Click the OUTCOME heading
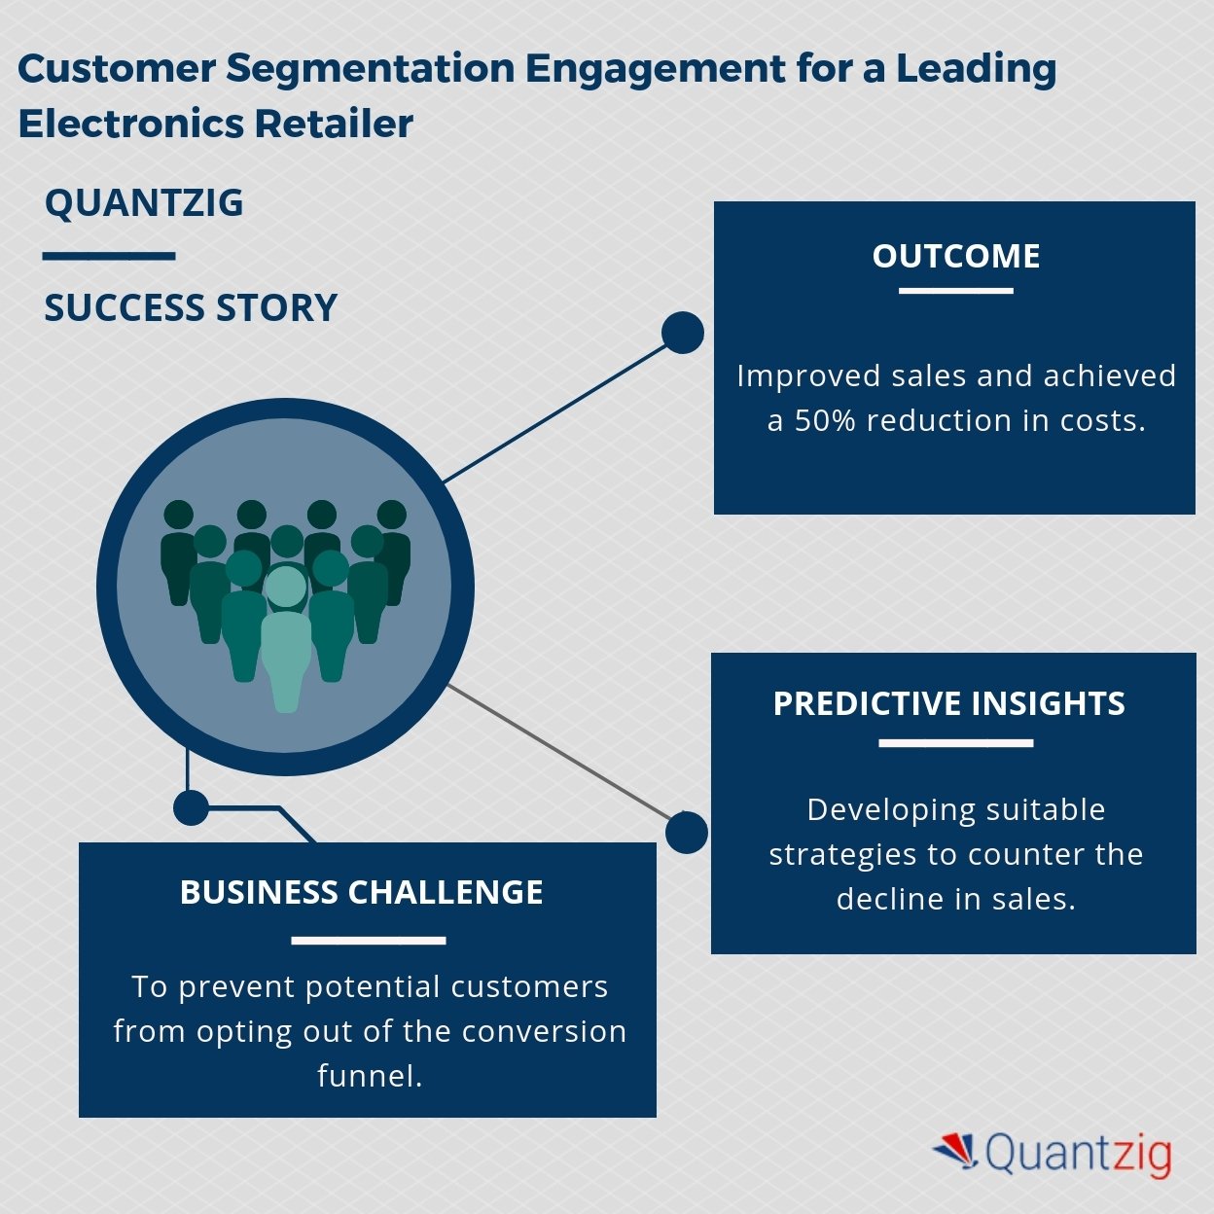click(955, 256)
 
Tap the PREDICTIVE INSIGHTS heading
click(948, 703)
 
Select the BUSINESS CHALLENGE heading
click(362, 892)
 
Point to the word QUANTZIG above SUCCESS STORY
click(144, 203)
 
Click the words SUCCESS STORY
click(191, 308)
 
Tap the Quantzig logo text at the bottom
click(1078, 1153)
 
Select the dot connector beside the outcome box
click(683, 333)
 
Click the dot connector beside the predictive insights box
click(686, 833)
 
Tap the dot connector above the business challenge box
click(191, 807)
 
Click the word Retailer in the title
click(334, 124)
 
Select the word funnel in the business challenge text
click(370, 1076)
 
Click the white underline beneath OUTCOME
click(955, 291)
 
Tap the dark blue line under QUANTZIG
click(109, 257)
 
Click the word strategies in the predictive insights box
click(843, 855)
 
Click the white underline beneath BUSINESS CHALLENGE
click(369, 941)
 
